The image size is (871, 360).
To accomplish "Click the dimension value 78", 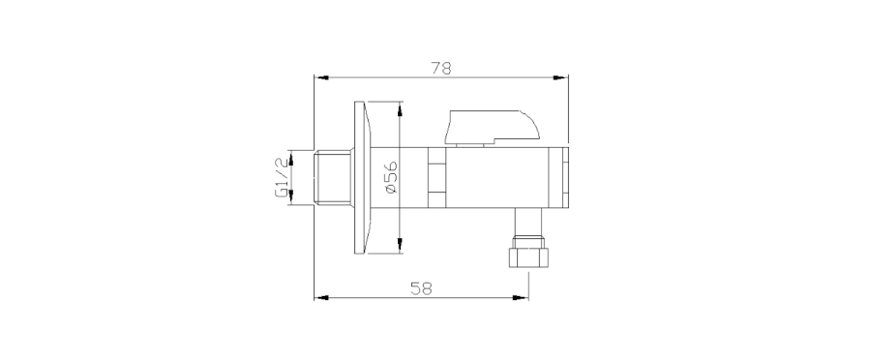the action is pyautogui.click(x=441, y=68).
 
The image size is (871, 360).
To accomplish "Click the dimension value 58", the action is pyautogui.click(x=421, y=288).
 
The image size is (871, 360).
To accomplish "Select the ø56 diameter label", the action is pyautogui.click(x=391, y=177).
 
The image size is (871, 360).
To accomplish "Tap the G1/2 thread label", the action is pyautogui.click(x=282, y=177).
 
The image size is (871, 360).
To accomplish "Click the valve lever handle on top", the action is pyautogui.click(x=492, y=127).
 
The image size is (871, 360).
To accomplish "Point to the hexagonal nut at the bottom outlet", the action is pyautogui.click(x=528, y=257).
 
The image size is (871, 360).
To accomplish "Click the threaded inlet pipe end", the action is pyautogui.click(x=332, y=177).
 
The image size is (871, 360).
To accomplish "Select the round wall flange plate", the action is pyautogui.click(x=361, y=177).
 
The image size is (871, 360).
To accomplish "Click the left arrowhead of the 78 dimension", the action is pyautogui.click(x=321, y=77).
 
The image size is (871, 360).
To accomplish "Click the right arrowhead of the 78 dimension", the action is pyautogui.click(x=560, y=77).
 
